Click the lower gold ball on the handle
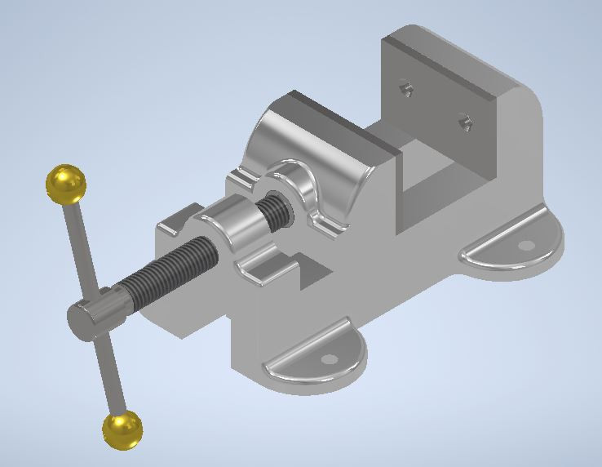point(123,429)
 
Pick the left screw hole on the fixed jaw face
point(404,87)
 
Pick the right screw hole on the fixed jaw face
point(465,122)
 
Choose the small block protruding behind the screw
point(175,218)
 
